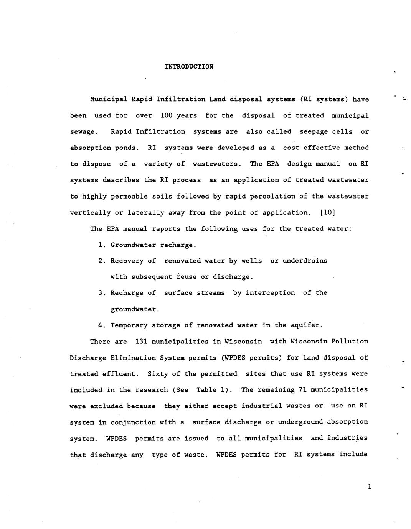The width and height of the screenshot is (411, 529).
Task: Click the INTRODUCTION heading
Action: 189,67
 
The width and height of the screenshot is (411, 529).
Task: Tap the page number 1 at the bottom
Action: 369,487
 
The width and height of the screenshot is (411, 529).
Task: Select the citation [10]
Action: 327,212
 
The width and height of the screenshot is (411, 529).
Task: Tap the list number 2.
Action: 102,261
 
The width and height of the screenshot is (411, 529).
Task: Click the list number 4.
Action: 102,325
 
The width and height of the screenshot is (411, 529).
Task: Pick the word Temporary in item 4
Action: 129,325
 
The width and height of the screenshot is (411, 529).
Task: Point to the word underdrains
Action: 305,261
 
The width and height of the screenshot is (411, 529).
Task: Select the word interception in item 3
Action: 270,293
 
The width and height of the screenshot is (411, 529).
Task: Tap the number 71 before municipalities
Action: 302,390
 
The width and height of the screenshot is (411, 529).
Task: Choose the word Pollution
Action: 350,341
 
